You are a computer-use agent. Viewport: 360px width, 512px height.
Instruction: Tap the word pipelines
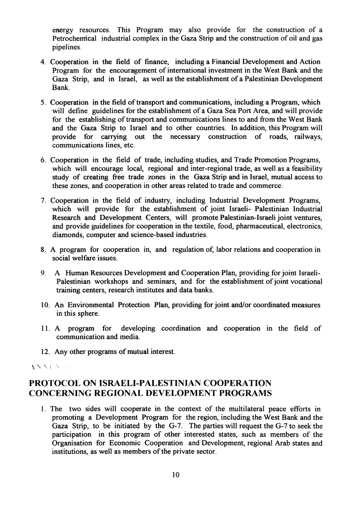pos(67,48)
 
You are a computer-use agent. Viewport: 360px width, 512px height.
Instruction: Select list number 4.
pos(43,62)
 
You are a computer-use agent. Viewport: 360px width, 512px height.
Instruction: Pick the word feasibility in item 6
pos(301,169)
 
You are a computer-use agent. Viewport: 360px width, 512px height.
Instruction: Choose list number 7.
pos(43,200)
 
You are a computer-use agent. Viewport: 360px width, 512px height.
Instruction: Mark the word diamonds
pos(66,235)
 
